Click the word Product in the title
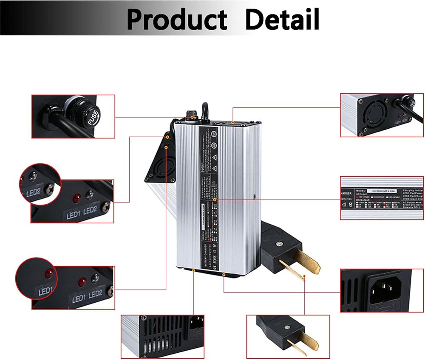pyautogui.click(x=176, y=19)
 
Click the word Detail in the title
pyautogui.click(x=282, y=19)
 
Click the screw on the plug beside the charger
pyautogui.click(x=279, y=244)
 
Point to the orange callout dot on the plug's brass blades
pyautogui.click(x=304, y=277)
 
